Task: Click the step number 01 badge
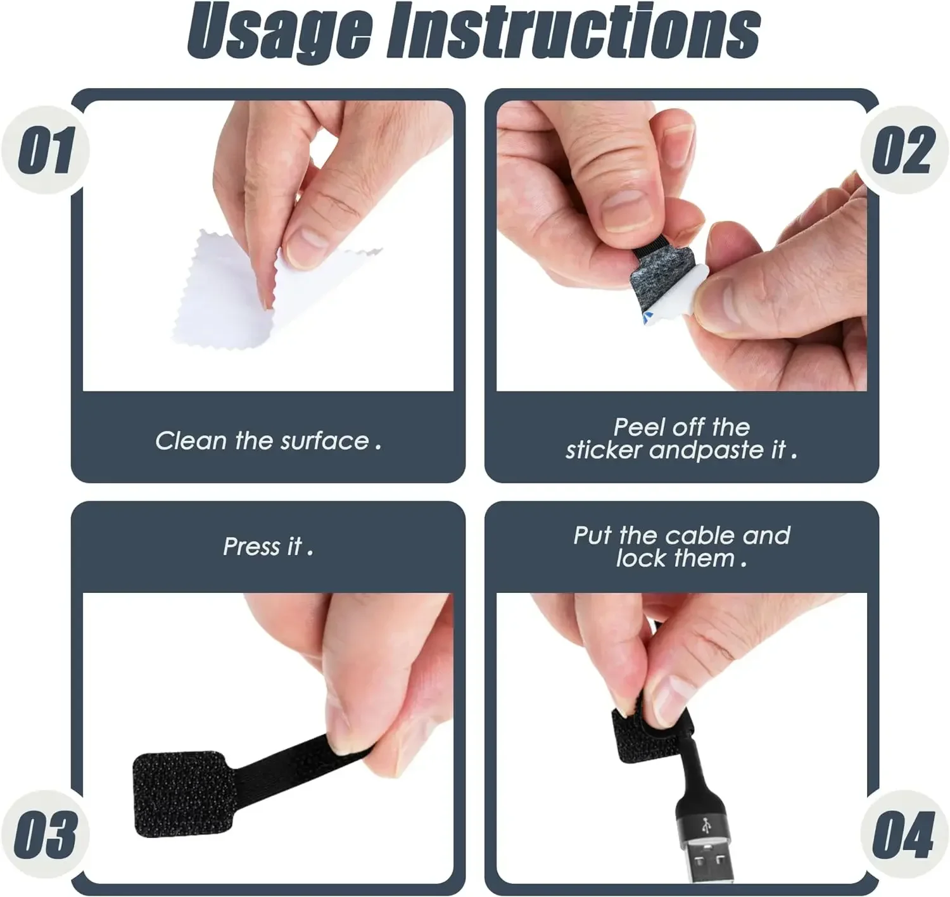coord(46,150)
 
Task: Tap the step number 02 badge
coord(904,150)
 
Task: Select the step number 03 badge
coord(46,834)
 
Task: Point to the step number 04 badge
coord(904,834)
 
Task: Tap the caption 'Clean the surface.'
coord(268,441)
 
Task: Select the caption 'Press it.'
coord(268,546)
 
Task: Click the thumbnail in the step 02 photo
coord(627,209)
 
